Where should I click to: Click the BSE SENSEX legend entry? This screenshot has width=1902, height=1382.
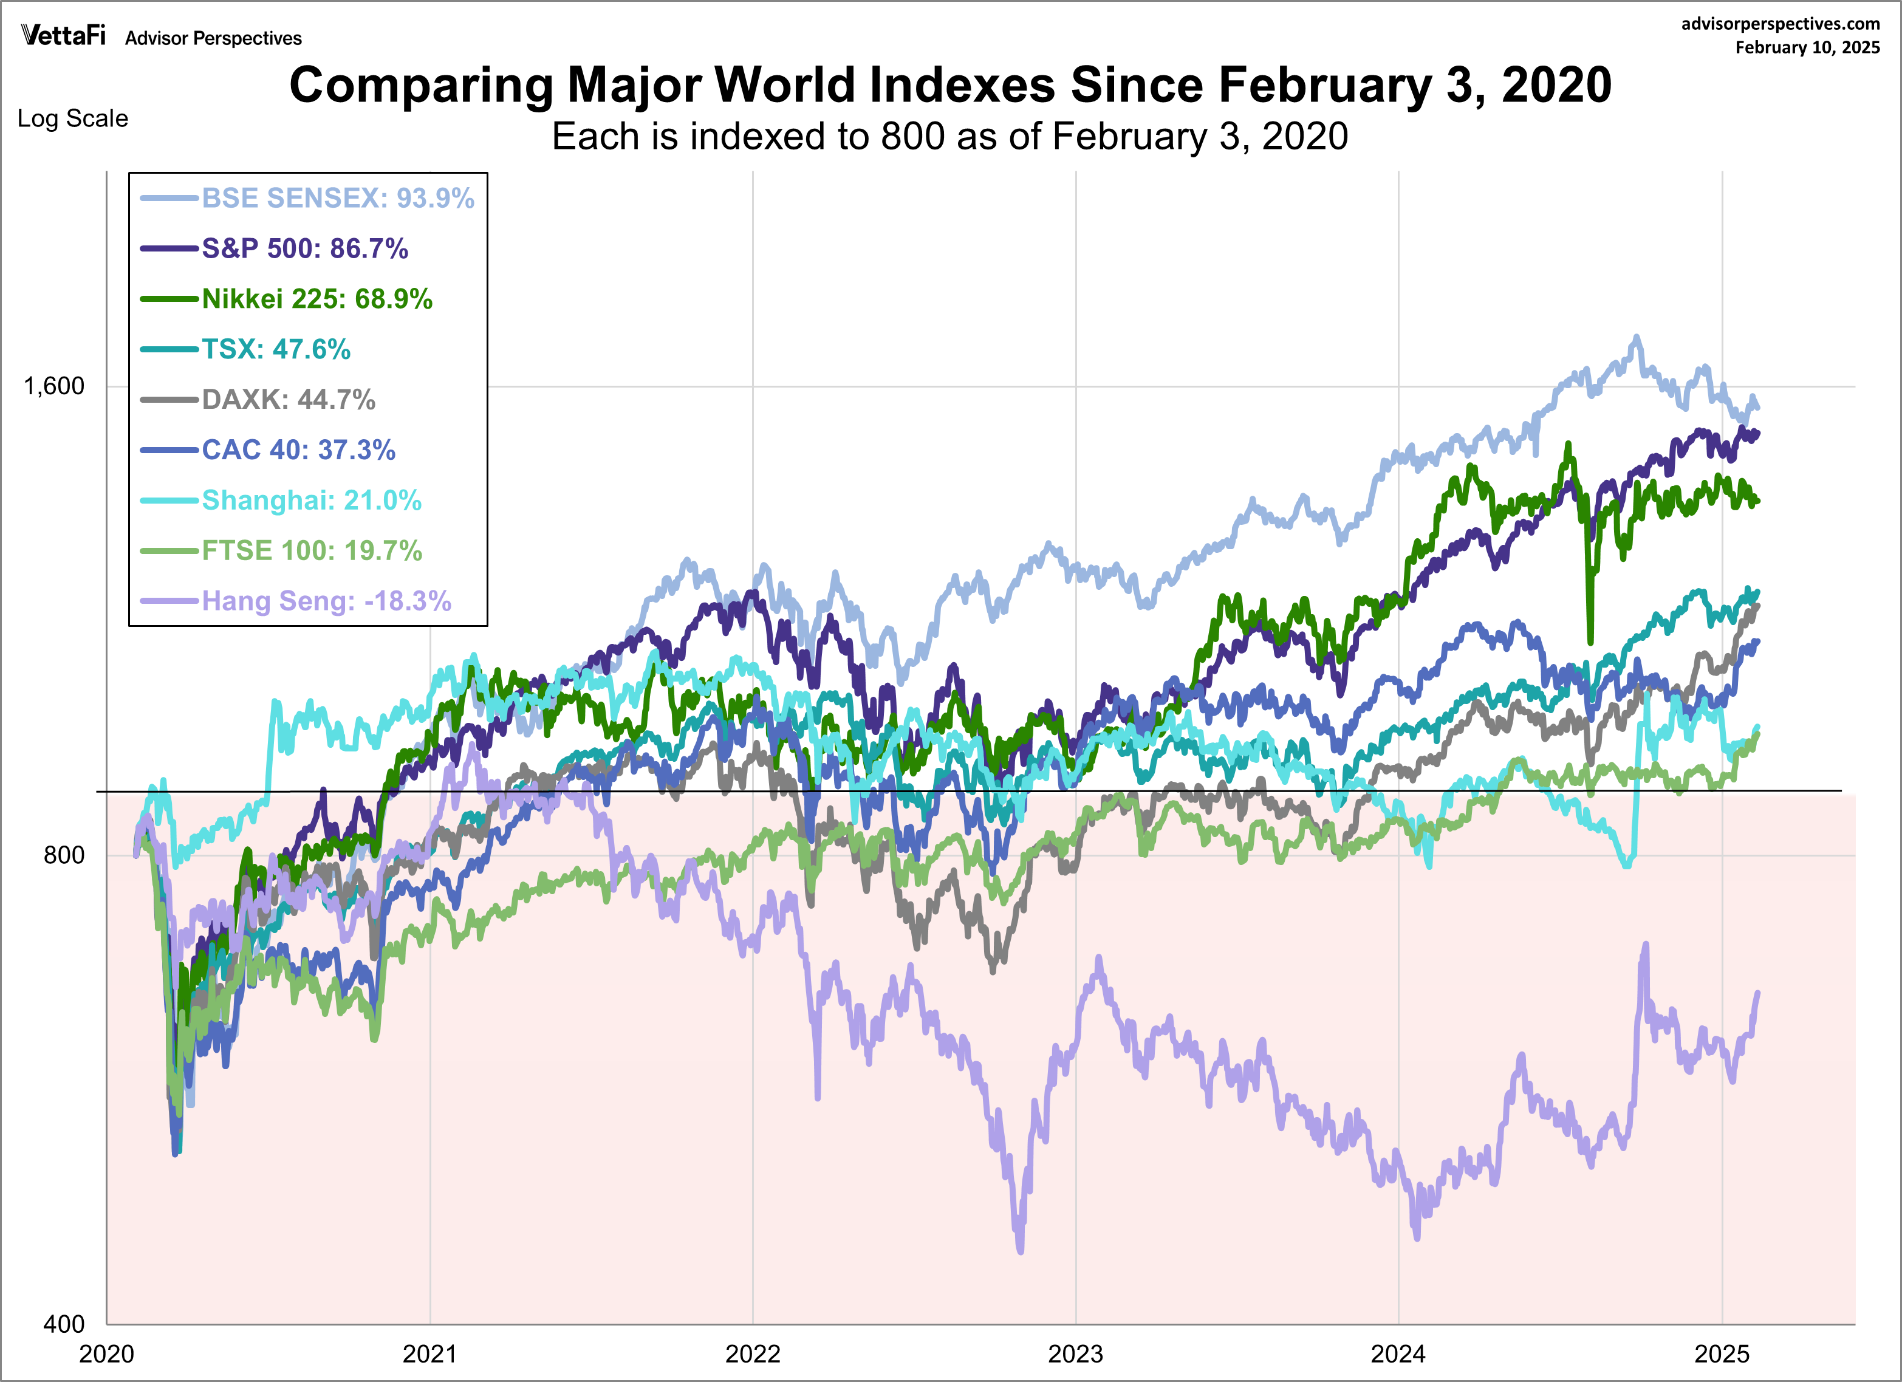coord(337,198)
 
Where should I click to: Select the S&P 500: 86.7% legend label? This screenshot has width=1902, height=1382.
coord(304,248)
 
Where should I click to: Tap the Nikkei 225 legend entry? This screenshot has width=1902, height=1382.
coord(317,298)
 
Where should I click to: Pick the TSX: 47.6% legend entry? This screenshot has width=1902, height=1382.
coord(276,349)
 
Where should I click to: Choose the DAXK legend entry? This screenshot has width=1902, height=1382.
coord(289,399)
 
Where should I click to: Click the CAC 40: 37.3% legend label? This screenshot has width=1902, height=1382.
coord(298,450)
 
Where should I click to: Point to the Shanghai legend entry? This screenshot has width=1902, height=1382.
coord(311,500)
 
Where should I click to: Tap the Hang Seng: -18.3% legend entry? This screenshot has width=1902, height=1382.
coord(326,600)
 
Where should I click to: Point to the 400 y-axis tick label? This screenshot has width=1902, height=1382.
coord(64,1324)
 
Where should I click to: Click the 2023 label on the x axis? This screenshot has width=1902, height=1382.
coord(1075,1353)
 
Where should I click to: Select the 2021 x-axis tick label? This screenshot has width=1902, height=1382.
coord(429,1353)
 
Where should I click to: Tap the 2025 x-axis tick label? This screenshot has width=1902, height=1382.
coord(1722,1353)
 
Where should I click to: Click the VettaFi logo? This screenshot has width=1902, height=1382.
coord(64,35)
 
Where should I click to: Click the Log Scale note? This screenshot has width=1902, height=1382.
coord(73,118)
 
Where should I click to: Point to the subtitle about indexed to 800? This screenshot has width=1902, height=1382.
coord(949,137)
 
